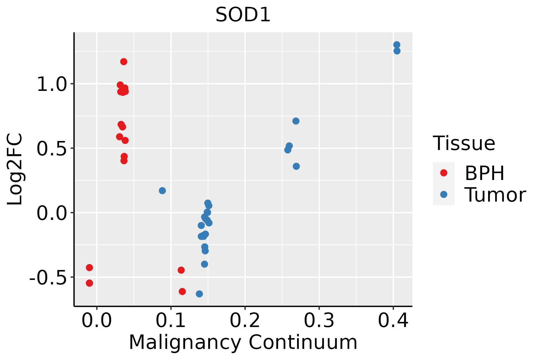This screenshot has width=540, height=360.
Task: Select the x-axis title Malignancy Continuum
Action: (243, 342)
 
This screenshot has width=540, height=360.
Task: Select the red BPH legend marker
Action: (443, 173)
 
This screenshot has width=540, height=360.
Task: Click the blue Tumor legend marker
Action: (443, 194)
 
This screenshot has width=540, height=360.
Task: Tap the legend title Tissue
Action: (464, 143)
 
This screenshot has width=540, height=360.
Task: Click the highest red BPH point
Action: (124, 61)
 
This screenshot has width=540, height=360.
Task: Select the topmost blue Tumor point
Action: (397, 45)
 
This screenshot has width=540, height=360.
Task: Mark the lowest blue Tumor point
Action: (199, 294)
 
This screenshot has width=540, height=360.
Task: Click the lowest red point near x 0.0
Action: (89, 283)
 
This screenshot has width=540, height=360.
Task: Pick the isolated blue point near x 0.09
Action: (162, 190)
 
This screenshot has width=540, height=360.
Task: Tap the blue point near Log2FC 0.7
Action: (296, 121)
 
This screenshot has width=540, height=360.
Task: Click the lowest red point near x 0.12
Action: (182, 291)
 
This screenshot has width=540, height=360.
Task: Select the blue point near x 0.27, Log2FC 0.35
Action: (296, 166)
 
